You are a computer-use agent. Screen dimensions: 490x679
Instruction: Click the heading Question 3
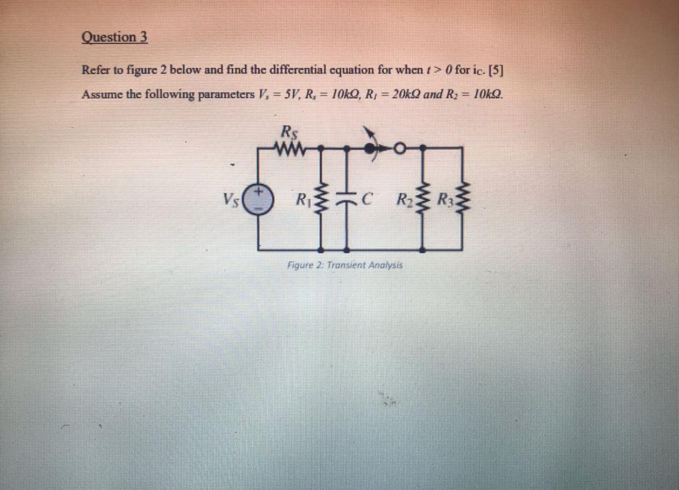[x=114, y=38]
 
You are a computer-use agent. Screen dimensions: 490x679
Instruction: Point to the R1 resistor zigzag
[x=322, y=198]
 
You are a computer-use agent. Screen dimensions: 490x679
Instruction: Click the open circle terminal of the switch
[x=399, y=149]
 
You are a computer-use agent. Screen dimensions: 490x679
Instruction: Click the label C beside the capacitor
[x=368, y=198]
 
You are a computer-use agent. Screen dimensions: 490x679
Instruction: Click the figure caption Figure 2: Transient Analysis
[x=345, y=265]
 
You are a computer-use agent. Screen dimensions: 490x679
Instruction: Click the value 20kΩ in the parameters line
[x=402, y=94]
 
